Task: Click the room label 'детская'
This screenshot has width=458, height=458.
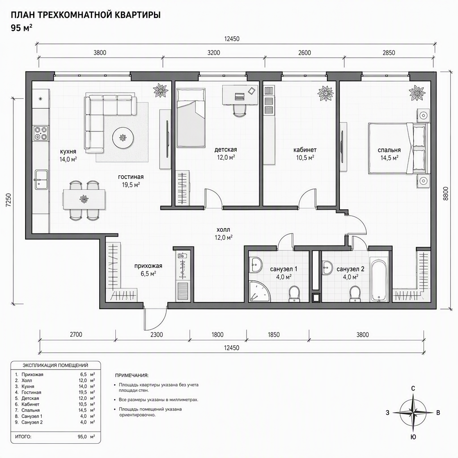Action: pos(225,149)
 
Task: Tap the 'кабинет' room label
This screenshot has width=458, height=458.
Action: pos(305,150)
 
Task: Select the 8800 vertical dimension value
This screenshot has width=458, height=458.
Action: pos(445,193)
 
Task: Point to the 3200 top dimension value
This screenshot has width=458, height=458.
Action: pos(213,53)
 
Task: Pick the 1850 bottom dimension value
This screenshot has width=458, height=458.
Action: pos(274,335)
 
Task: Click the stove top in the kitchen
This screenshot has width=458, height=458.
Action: pos(41,133)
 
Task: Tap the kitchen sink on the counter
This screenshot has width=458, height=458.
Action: pos(41,179)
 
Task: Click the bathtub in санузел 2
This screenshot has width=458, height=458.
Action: pos(379,279)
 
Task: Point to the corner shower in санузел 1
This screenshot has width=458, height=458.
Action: pos(259,291)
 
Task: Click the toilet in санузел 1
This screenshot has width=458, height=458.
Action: pos(294,293)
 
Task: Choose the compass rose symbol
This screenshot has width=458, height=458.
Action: pos(413,413)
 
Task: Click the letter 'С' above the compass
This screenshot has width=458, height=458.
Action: pos(413,389)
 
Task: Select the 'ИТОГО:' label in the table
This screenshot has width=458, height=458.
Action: pos(23,437)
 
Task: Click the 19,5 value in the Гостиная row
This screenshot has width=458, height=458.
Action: pos(83,392)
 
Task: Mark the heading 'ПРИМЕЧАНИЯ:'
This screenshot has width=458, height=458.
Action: pos(132,375)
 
